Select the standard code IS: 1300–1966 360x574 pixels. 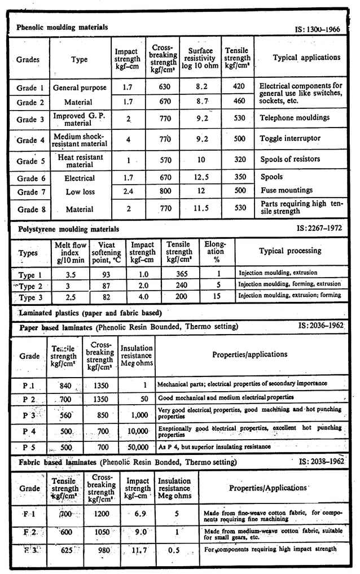(x=318, y=29)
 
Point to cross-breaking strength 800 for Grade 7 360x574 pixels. (x=165, y=191)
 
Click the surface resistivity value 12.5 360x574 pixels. (x=201, y=177)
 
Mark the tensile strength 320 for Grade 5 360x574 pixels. (x=240, y=160)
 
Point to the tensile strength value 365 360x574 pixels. (x=178, y=275)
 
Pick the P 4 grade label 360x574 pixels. (x=29, y=431)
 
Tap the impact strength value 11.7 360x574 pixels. (x=138, y=549)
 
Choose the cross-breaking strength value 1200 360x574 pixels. (x=102, y=515)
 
